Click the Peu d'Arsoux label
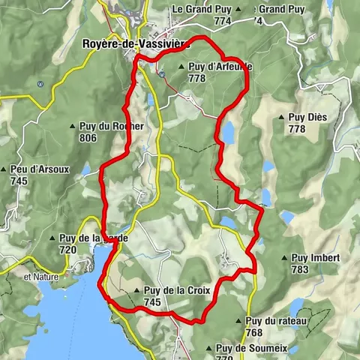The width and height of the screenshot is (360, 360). click(x=40, y=169)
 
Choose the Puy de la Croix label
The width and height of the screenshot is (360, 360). click(x=172, y=291)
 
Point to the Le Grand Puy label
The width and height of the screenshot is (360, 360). click(x=199, y=9)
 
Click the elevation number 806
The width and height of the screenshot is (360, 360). click(x=88, y=138)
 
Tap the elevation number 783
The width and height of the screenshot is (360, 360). click(x=300, y=269)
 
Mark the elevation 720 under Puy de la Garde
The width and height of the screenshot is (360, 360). click(x=68, y=250)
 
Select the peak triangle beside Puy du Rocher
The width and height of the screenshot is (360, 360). click(x=72, y=127)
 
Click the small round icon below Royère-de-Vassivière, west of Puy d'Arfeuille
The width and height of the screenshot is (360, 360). click(x=162, y=73)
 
